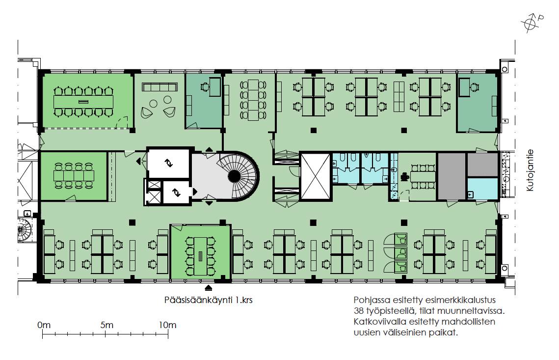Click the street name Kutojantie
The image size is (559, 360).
click(x=531, y=170)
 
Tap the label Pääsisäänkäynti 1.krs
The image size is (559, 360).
click(x=208, y=300)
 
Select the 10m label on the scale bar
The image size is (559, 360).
click(x=167, y=325)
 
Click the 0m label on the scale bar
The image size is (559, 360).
click(x=44, y=325)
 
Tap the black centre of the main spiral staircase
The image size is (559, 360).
click(x=234, y=175)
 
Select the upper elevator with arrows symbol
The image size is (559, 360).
click(x=168, y=164)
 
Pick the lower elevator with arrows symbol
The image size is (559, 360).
click(x=176, y=193)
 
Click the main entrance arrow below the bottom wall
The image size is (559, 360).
click(x=208, y=287)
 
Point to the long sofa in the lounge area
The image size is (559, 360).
click(x=160, y=87)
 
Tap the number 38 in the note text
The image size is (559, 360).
click(x=358, y=310)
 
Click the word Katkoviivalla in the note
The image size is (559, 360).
click(x=379, y=322)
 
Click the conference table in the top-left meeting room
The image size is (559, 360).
click(x=83, y=102)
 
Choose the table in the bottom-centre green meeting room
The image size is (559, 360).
click(x=200, y=256)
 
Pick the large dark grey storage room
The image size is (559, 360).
click(x=452, y=176)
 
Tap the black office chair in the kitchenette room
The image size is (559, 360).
click(x=404, y=176)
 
